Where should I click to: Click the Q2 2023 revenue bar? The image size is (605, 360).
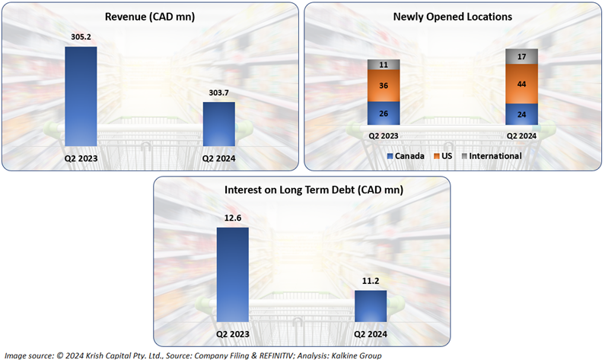click(x=81, y=96)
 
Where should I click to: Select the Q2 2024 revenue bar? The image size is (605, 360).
click(x=218, y=123)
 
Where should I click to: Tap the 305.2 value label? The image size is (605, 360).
click(x=81, y=37)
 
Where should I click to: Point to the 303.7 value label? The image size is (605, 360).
click(x=218, y=92)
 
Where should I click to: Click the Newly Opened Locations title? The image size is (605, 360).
click(x=452, y=15)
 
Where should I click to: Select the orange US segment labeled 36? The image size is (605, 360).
click(x=384, y=86)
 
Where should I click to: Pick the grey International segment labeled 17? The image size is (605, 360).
click(x=521, y=56)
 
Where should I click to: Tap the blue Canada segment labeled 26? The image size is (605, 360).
click(x=384, y=113)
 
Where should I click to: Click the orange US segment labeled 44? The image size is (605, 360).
click(x=521, y=84)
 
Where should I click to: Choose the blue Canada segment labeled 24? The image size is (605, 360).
click(x=521, y=114)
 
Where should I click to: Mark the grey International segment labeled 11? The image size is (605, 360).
click(x=384, y=65)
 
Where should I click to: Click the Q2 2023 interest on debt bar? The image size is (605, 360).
click(x=233, y=275)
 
